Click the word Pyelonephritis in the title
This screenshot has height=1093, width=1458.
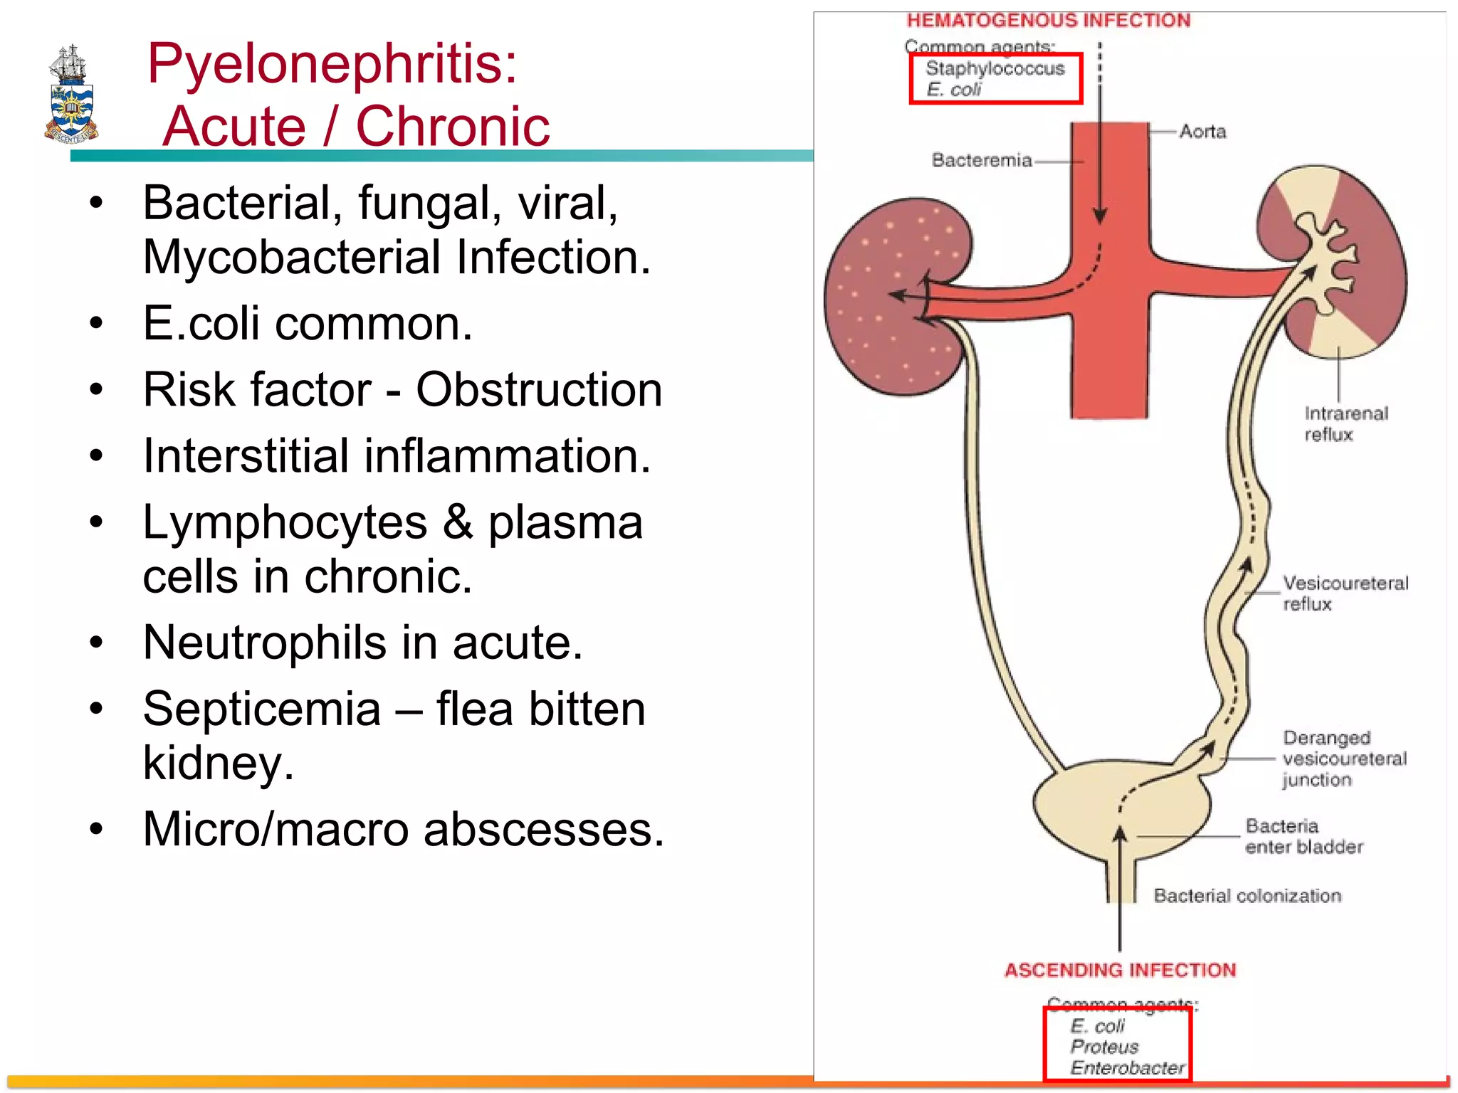coord(332,64)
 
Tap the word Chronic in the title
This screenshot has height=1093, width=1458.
coord(453,127)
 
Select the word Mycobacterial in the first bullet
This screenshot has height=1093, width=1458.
coord(291,257)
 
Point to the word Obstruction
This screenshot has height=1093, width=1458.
coord(539,390)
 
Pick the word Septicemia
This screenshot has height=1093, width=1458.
coord(262,709)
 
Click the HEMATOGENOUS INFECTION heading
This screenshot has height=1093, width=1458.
coord(1048,21)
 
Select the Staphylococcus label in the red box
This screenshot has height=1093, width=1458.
coord(995,69)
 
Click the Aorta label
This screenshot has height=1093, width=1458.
coord(1202,132)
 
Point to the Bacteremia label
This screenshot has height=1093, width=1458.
coord(982,160)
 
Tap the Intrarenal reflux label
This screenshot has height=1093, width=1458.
coord(1346,423)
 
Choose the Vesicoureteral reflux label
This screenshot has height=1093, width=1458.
coord(1345,593)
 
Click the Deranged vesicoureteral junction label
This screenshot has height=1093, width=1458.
coord(1344,759)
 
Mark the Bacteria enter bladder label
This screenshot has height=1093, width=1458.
coord(1304,836)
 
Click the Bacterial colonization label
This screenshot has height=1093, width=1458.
coord(1247,896)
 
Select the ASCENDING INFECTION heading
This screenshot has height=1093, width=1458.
coord(1120,970)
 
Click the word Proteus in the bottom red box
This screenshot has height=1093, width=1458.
coord(1104,1047)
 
